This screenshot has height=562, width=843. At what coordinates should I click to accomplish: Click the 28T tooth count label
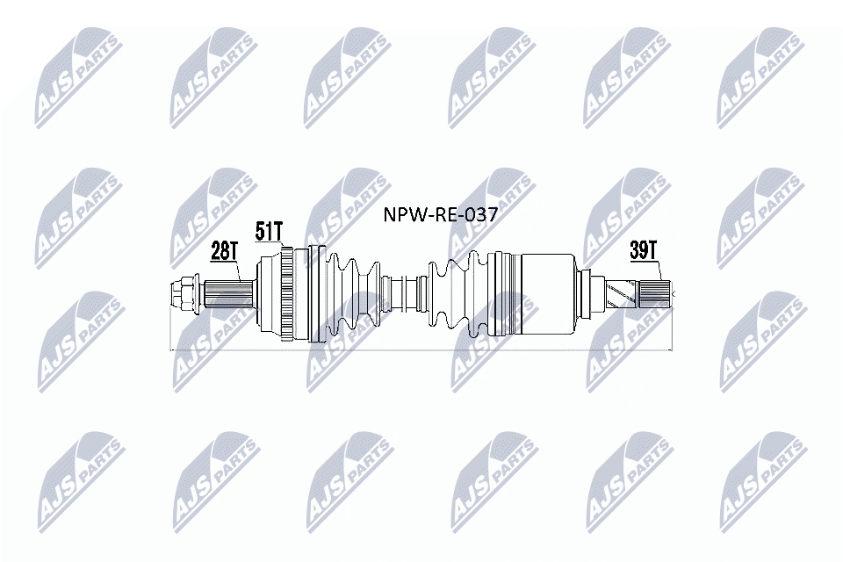224,252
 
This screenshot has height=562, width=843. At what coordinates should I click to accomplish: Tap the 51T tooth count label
269,231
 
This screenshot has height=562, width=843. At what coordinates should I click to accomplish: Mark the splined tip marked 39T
656,292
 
